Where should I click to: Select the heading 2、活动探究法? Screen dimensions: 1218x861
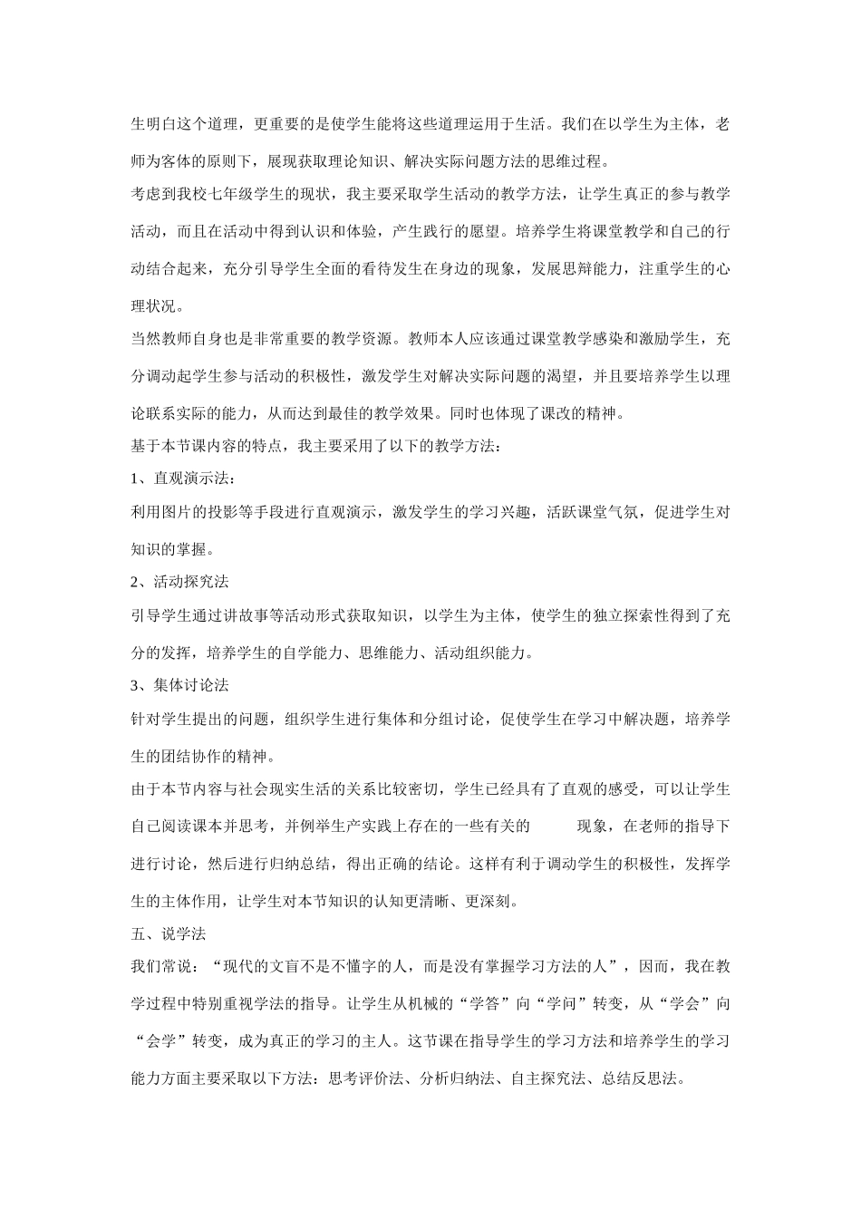[x=179, y=581]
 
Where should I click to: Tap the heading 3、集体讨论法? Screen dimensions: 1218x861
[x=179, y=685]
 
